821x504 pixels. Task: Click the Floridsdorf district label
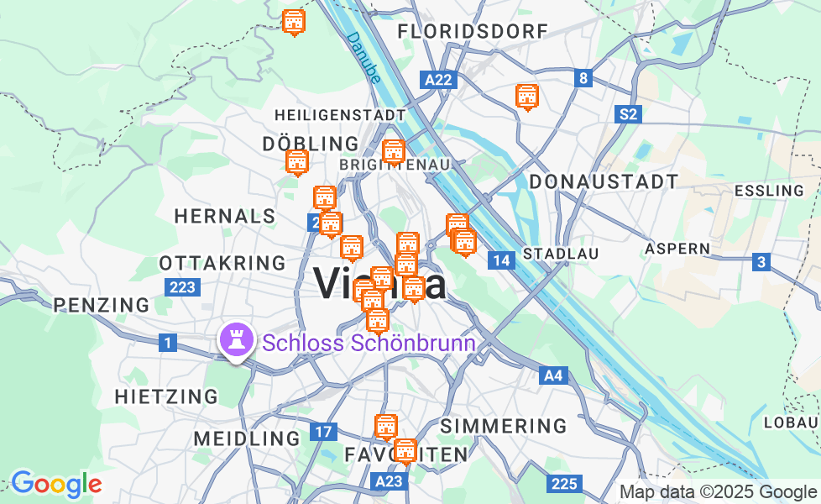tap(473, 32)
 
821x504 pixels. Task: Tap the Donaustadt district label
tap(604, 181)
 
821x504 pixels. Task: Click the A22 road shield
tap(438, 80)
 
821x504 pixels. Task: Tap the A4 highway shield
tap(553, 375)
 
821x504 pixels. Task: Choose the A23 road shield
tap(390, 481)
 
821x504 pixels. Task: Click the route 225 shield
tap(565, 483)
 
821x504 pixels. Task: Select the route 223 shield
tap(182, 287)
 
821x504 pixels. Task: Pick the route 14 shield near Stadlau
tap(501, 260)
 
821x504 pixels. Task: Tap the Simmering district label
tap(504, 425)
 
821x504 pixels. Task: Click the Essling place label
tap(769, 191)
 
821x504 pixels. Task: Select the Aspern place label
tap(677, 249)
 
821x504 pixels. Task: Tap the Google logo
tap(55, 484)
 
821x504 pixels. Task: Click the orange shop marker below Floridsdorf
tap(527, 97)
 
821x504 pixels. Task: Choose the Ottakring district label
tap(222, 263)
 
